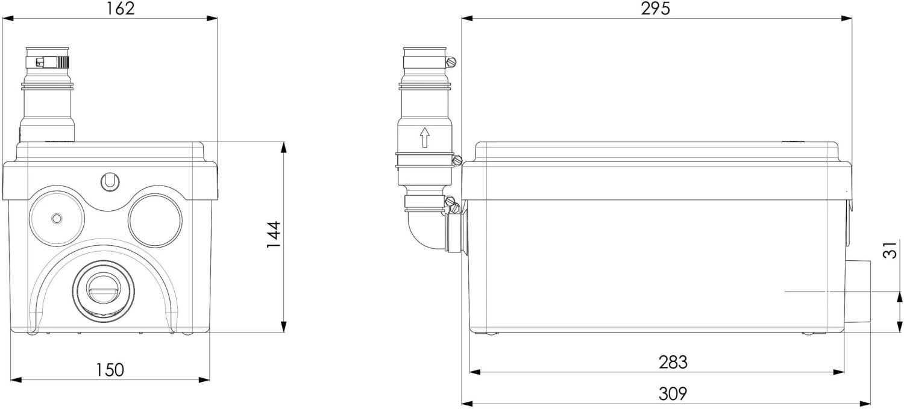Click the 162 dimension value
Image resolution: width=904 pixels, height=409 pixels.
tap(120, 8)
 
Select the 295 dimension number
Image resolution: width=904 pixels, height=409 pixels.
tap(656, 8)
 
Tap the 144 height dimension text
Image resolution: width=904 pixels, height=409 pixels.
tap(274, 234)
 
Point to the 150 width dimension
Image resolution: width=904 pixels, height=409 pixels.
tap(109, 370)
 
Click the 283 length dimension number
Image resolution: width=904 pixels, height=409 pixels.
tap(673, 362)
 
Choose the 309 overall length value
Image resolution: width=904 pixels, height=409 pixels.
tap(673, 393)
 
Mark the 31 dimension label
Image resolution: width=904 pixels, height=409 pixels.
tap(890, 249)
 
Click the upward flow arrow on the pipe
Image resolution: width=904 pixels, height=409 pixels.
tap(424, 137)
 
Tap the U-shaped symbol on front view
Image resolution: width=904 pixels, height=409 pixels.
tap(110, 182)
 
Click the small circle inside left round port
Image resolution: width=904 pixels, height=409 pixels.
tap(57, 219)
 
